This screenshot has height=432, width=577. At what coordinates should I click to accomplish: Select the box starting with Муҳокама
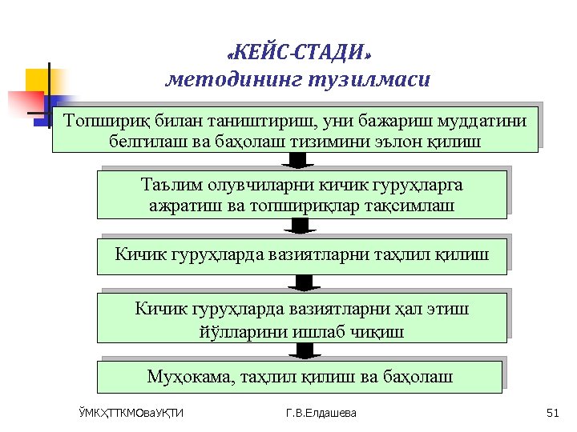pos(300,376)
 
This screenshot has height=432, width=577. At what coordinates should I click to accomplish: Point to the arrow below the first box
pos(297,160)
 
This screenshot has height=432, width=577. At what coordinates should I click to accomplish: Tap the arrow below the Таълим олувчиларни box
pos(301,226)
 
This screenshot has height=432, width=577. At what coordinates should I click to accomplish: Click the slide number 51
pos(551,413)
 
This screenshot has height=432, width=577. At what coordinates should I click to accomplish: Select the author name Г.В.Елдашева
pos(322,413)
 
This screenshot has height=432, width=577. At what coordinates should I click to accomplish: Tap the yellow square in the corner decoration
pos(38,80)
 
